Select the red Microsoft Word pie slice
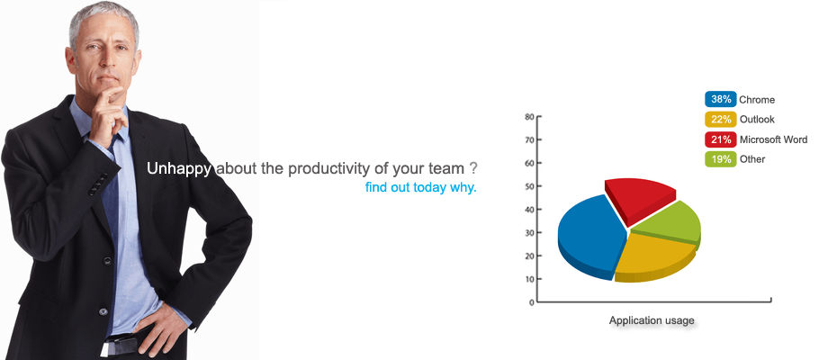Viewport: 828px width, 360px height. [639, 198]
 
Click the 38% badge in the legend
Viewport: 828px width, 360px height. [720, 99]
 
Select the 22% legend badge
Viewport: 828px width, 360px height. [720, 120]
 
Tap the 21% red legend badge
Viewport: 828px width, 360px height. [720, 139]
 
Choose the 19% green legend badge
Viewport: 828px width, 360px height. [720, 159]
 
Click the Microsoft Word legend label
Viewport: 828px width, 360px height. [773, 139]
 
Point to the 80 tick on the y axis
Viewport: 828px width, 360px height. [529, 117]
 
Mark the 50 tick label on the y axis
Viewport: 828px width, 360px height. [529, 186]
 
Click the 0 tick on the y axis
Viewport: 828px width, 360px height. [532, 302]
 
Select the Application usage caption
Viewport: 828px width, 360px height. [652, 320]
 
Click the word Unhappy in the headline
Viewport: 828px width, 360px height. [179, 169]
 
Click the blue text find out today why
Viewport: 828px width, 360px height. [421, 187]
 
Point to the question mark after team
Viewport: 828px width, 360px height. [473, 169]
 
